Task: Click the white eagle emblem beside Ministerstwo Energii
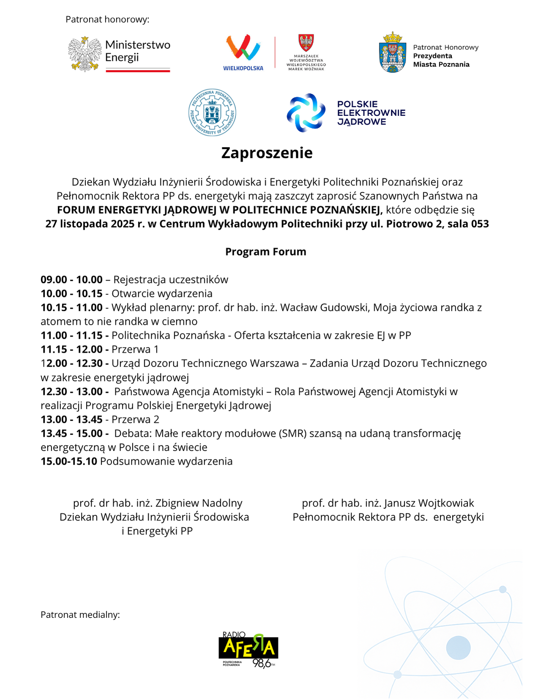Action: [x=85, y=54]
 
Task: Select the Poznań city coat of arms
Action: [x=393, y=52]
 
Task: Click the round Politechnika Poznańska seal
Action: [x=212, y=112]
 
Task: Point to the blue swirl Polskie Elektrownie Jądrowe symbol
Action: [x=306, y=112]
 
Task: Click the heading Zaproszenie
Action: [x=267, y=153]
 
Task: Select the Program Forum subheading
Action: [x=265, y=252]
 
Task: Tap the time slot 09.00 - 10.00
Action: [x=71, y=280]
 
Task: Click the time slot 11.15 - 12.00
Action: [x=71, y=349]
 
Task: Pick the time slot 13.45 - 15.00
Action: [x=71, y=433]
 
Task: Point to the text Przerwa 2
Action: [x=135, y=419]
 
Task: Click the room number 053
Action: [x=480, y=224]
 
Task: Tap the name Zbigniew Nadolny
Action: [x=199, y=503]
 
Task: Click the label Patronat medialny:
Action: [x=80, y=614]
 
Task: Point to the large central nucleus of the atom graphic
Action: [x=458, y=647]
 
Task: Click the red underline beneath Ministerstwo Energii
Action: [x=138, y=71]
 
